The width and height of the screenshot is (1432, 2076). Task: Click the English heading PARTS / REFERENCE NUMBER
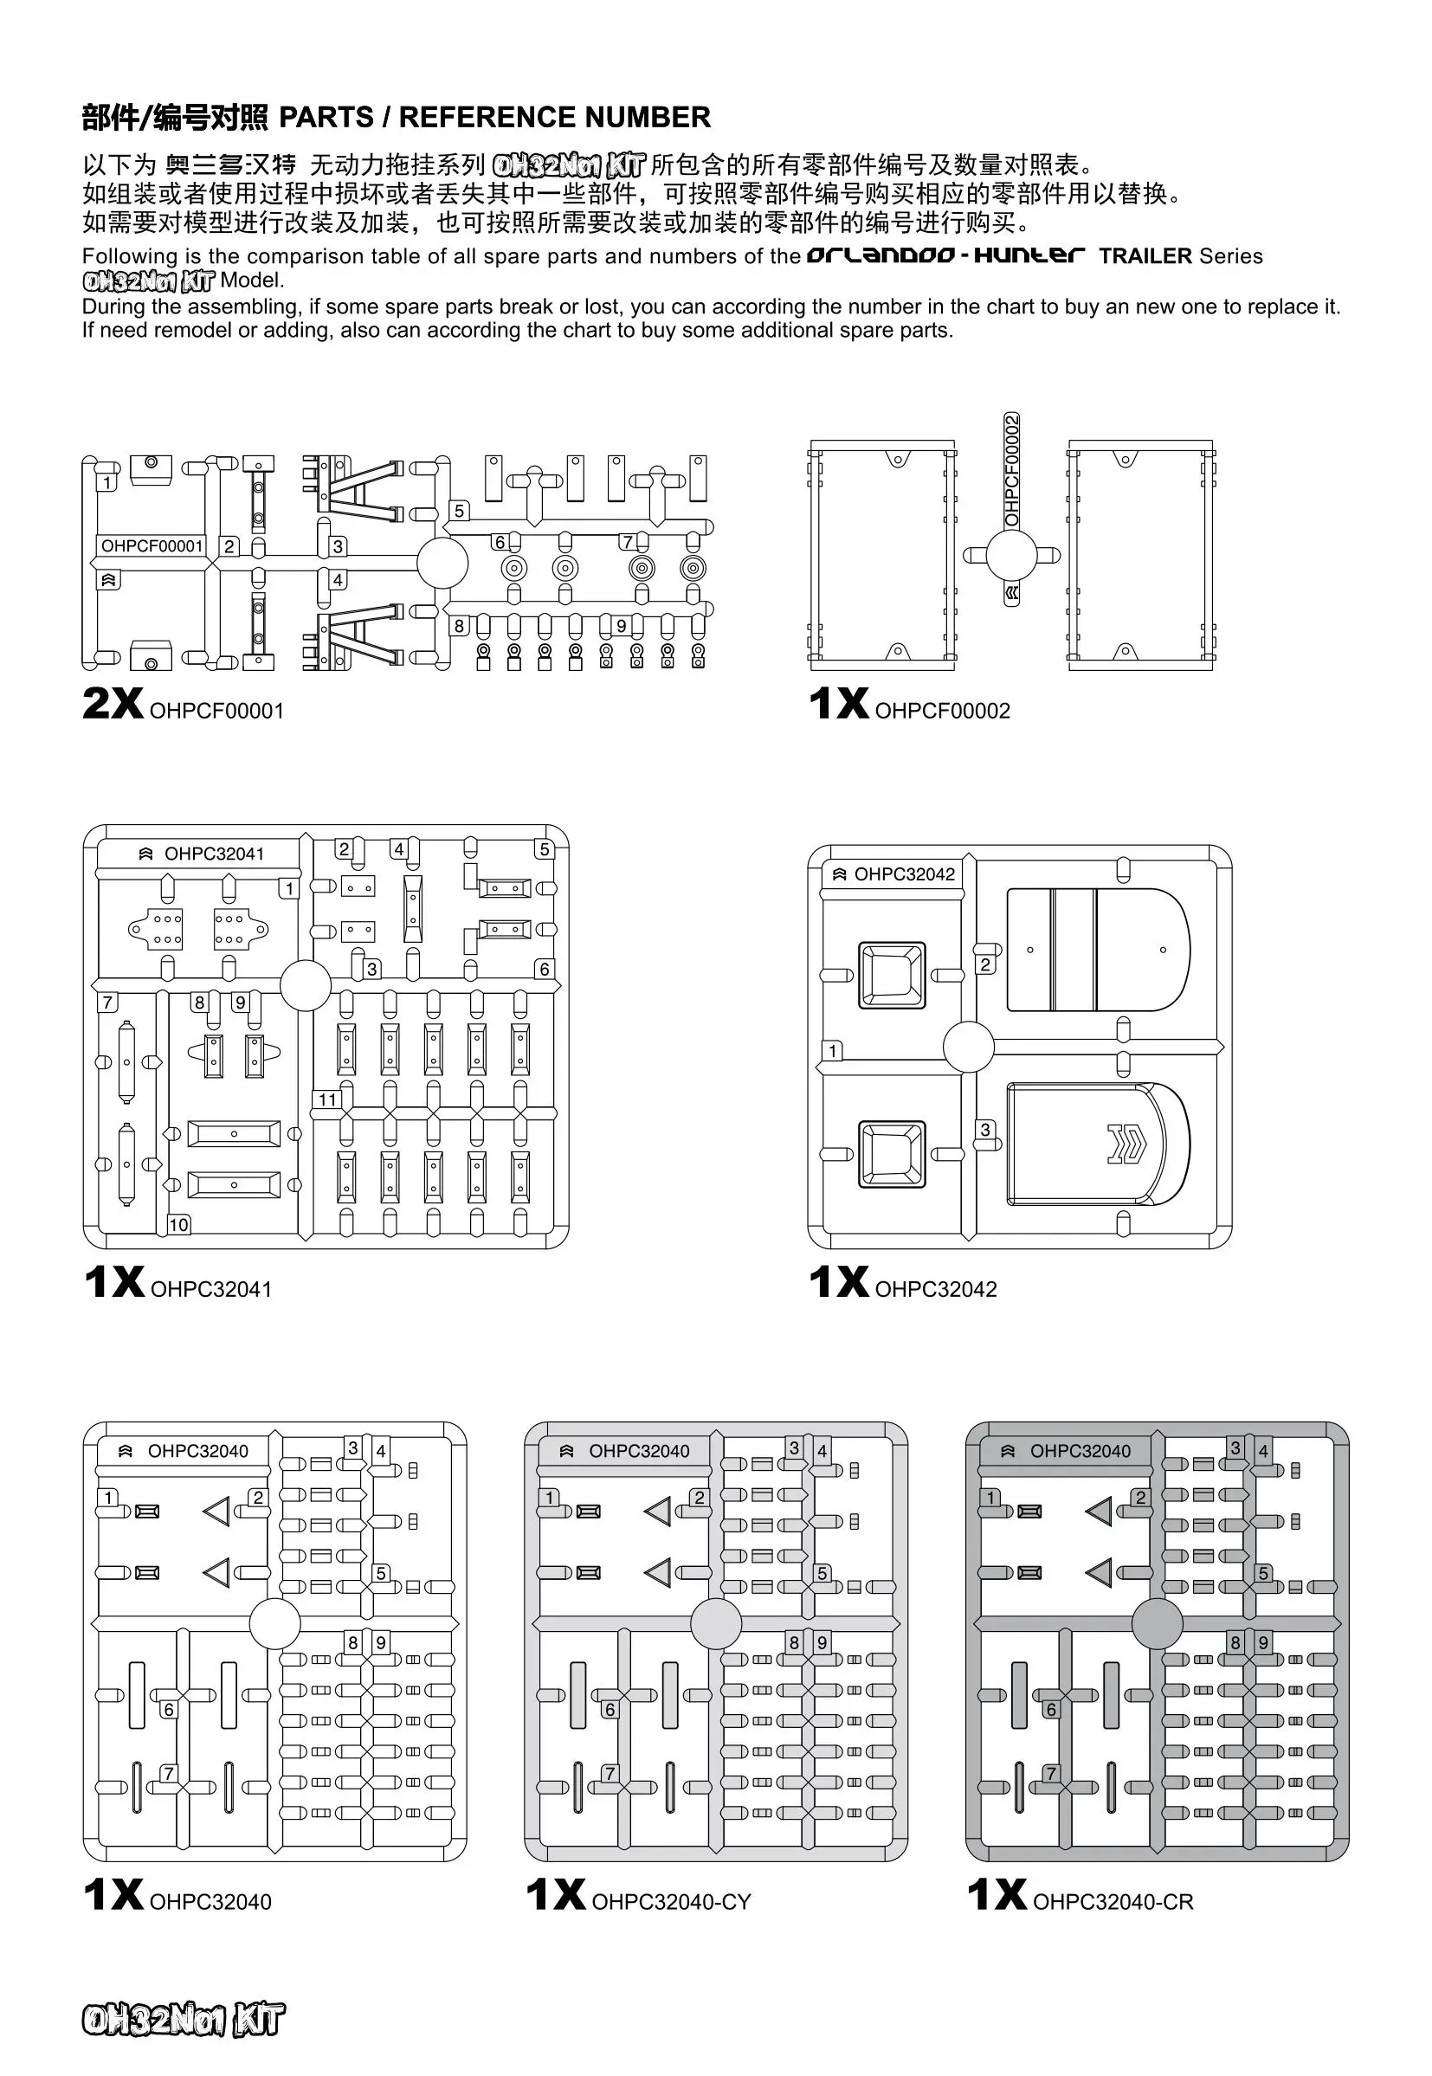[x=494, y=118]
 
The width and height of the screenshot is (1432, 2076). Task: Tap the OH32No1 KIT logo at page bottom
[x=183, y=2021]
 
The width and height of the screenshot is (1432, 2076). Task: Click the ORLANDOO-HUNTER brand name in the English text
[x=945, y=255]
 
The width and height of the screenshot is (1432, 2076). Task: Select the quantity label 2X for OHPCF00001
[x=113, y=703]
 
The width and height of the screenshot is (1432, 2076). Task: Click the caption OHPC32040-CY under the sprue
[x=670, y=1902]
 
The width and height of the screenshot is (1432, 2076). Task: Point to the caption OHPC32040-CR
[x=1113, y=1902]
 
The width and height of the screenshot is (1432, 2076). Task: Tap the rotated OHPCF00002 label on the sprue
[x=1012, y=469]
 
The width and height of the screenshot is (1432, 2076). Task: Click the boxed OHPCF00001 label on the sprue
[x=152, y=545]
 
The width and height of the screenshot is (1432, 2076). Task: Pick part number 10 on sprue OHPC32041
[x=178, y=1225]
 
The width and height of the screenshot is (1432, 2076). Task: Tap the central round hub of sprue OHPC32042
[x=968, y=1046]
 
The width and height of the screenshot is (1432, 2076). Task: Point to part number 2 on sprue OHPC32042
[x=985, y=964]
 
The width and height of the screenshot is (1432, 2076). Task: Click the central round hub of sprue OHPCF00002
[x=1011, y=555]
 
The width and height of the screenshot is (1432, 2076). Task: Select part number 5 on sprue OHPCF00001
[x=459, y=511]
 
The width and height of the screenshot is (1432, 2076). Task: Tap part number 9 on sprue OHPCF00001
[x=621, y=624]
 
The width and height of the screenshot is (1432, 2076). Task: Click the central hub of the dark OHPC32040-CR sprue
[x=1157, y=1623]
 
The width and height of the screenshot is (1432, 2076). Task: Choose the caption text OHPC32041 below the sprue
[x=211, y=1289]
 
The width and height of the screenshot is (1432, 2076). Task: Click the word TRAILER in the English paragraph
[x=1145, y=256]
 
